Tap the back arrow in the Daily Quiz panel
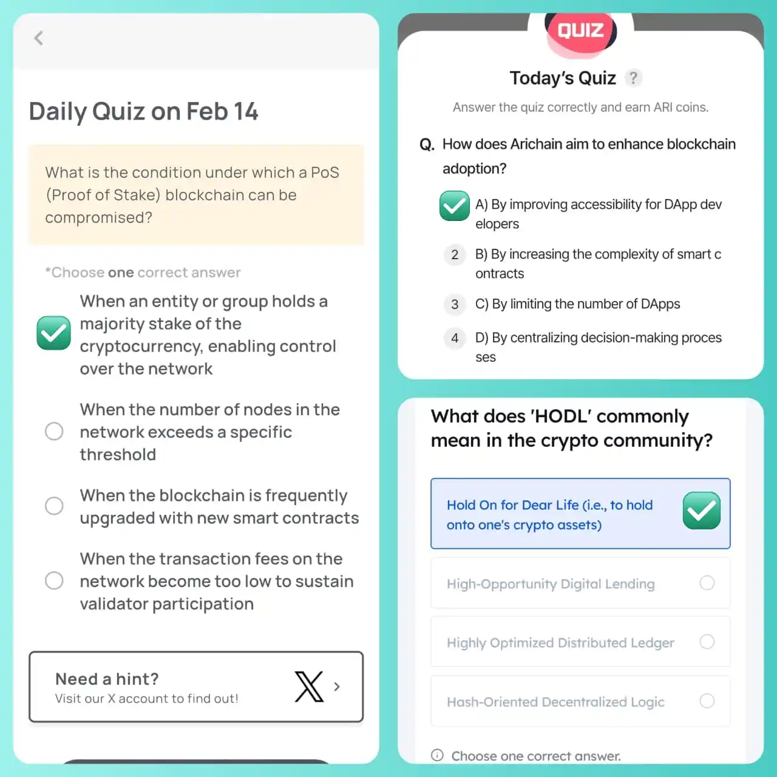[39, 38]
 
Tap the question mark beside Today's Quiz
[634, 78]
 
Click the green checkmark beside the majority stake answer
[53, 333]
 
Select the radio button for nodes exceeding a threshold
[54, 432]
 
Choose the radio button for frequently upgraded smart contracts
[54, 506]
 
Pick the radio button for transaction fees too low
[54, 581]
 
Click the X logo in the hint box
[309, 687]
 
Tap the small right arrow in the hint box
[337, 687]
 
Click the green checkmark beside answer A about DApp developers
[455, 206]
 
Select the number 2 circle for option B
[455, 255]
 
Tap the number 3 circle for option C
[455, 305]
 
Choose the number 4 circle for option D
[455, 338]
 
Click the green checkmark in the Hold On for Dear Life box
[702, 511]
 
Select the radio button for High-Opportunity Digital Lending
[707, 583]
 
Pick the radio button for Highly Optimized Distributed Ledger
[707, 642]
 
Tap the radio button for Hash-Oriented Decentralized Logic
[707, 701]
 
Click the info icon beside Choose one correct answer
[437, 755]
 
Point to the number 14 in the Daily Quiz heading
[246, 112]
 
